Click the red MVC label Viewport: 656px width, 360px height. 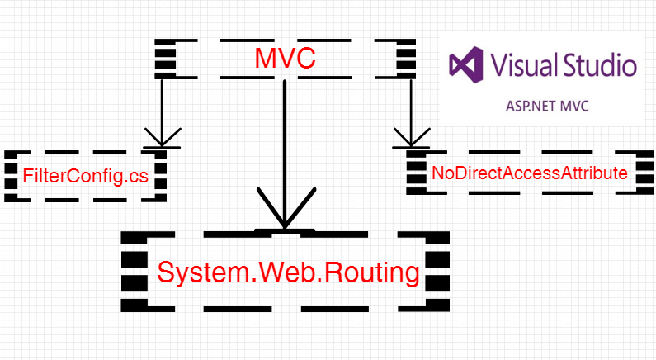(285, 58)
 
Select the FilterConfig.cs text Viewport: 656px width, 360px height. (85, 176)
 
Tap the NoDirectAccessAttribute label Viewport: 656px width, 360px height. (529, 173)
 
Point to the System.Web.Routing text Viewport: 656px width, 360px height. (288, 272)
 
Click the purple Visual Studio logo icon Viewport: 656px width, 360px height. (466, 65)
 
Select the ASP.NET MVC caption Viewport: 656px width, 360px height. (547, 106)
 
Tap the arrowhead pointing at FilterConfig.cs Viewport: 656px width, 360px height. (163, 137)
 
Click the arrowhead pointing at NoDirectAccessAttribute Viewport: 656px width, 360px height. (411, 137)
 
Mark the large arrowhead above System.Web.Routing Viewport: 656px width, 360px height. (286, 208)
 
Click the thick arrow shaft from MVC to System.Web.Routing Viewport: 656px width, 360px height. (285, 154)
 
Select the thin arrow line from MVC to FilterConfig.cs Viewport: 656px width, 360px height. (162, 112)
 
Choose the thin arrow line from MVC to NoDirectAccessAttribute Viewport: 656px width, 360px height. (411, 112)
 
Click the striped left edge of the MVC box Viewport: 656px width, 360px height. (165, 59)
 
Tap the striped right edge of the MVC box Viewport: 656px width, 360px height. (406, 59)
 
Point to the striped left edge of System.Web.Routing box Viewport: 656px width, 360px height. (135, 272)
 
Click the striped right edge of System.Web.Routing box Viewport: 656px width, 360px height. (437, 272)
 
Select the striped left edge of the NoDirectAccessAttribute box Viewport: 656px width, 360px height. (416, 173)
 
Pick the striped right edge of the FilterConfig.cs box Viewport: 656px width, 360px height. (161, 176)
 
